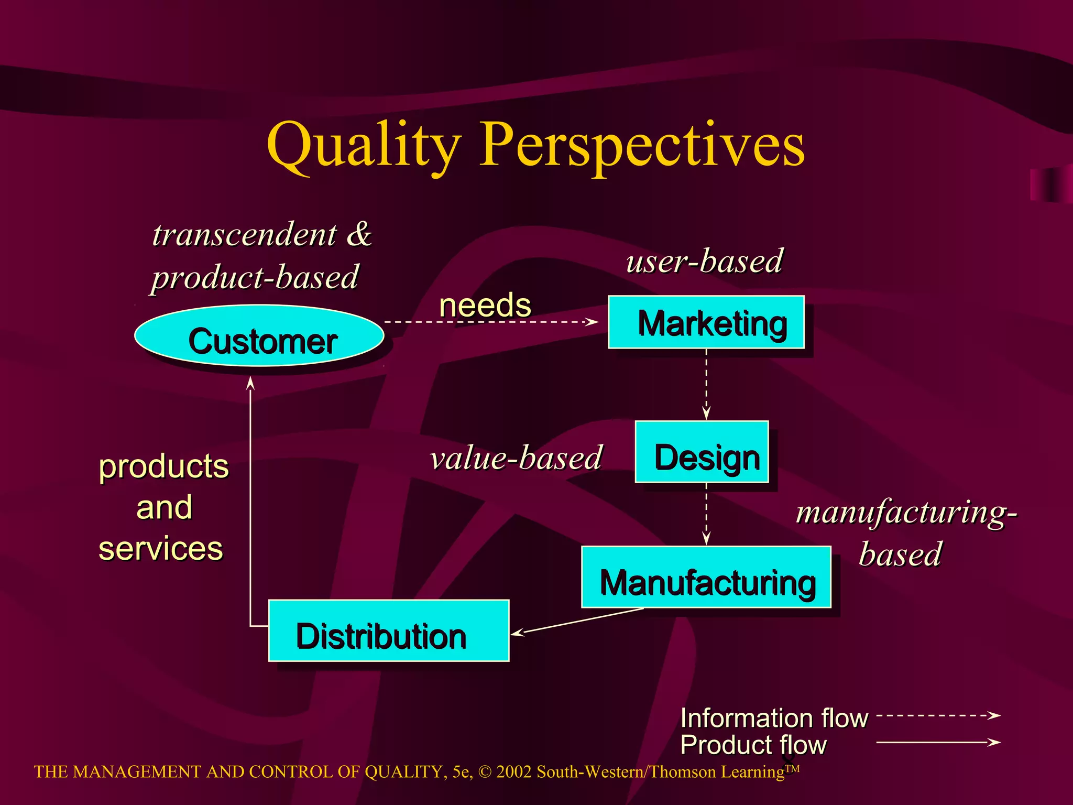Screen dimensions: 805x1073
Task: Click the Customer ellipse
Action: click(259, 336)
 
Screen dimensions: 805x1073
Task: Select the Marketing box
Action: click(706, 322)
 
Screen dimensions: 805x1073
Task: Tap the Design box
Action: click(702, 452)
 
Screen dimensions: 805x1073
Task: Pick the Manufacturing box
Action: click(706, 577)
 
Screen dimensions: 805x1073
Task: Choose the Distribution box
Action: click(389, 631)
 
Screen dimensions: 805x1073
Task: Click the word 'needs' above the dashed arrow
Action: click(485, 305)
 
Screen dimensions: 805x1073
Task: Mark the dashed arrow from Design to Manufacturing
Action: click(706, 514)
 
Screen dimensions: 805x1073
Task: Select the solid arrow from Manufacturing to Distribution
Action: click(576, 622)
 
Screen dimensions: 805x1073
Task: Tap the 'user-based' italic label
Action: click(705, 260)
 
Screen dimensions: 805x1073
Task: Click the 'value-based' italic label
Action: click(517, 458)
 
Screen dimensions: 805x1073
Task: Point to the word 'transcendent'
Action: click(244, 234)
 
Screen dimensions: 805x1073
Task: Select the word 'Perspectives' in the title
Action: click(643, 144)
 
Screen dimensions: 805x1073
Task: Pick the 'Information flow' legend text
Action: click(774, 718)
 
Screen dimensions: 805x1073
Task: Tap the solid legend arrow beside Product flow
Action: click(938, 742)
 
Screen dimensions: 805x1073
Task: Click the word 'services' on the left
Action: click(161, 549)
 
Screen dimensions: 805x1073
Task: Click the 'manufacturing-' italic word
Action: click(906, 512)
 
